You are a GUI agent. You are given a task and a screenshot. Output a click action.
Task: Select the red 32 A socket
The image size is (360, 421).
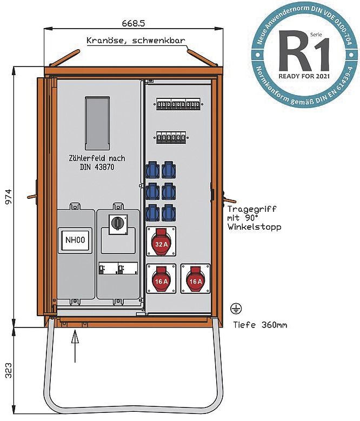(162, 242)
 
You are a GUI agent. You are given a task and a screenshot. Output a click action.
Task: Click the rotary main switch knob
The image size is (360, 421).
(117, 223)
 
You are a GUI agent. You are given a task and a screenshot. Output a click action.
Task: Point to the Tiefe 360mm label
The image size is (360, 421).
(259, 325)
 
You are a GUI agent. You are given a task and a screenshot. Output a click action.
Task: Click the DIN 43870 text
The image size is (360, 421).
(97, 167)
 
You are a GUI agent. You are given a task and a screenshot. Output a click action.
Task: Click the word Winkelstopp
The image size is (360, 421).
(254, 227)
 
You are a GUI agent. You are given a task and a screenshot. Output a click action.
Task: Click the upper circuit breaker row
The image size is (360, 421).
(178, 104)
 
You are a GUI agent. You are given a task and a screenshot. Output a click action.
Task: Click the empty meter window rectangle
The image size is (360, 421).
(99, 123)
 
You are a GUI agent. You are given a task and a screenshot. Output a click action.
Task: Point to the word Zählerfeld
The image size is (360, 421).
(82, 158)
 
